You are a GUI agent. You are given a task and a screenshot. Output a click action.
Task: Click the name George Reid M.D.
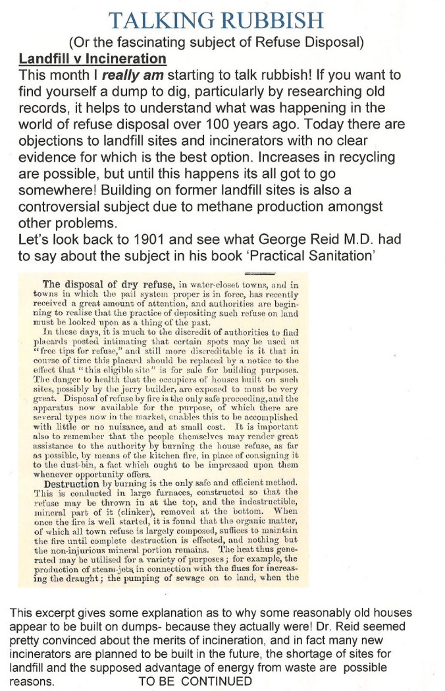pos(323,239)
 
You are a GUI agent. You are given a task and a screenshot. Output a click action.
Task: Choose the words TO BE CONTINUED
pos(196,680)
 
